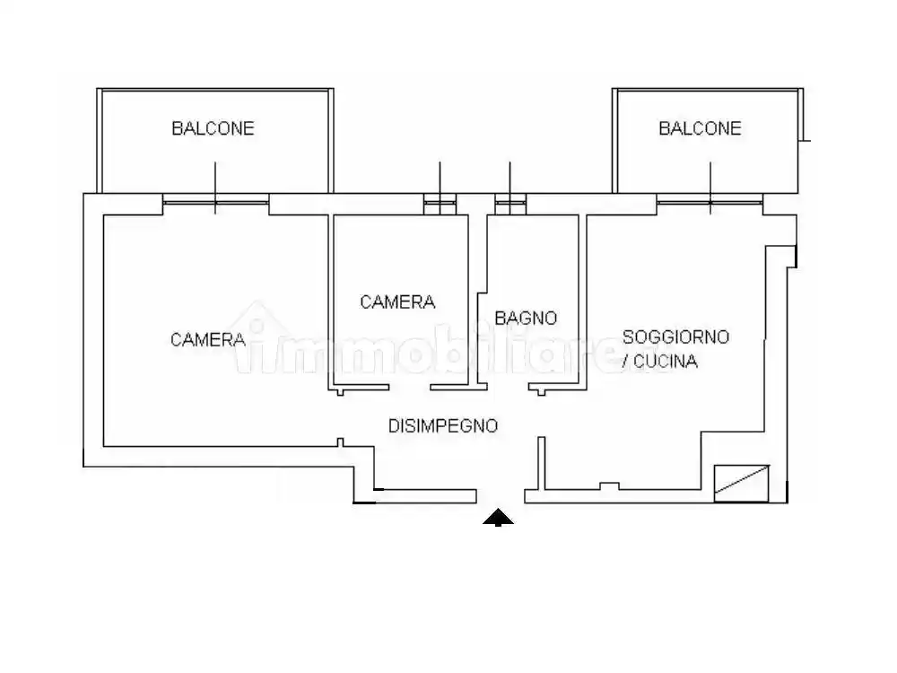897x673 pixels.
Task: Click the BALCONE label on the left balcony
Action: (213, 128)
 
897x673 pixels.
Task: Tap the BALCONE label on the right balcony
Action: (700, 128)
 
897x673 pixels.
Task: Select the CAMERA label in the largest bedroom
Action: (208, 339)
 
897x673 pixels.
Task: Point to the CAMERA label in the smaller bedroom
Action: (397, 302)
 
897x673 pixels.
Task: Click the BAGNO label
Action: (526, 318)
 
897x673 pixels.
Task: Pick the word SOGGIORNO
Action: (675, 337)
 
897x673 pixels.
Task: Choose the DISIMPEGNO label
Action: (442, 426)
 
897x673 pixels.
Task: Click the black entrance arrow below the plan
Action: (498, 517)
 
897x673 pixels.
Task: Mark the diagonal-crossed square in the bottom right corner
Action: (742, 482)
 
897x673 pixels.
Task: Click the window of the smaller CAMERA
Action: (440, 205)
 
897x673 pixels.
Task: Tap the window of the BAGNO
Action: (509, 205)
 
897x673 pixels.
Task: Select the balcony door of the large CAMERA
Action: (215, 203)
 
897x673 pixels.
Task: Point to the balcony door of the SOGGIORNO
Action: (710, 203)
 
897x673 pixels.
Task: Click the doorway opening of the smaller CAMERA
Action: (410, 388)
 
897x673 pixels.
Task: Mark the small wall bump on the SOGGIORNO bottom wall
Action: (609, 486)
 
